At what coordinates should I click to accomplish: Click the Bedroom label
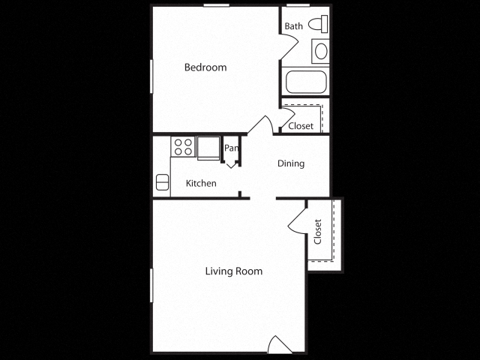pos(205,67)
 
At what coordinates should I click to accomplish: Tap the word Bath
pos(293,26)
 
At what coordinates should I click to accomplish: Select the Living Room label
pos(234,271)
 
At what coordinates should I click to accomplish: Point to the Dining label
pos(291,163)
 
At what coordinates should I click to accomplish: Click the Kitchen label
pos(201,183)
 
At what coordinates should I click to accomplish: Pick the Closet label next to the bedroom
pos(301,126)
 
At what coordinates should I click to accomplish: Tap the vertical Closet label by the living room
pos(318,232)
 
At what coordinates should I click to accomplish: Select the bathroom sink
pos(320,51)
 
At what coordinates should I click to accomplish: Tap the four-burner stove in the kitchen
pos(182,145)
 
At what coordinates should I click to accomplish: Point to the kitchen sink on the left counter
pos(162,182)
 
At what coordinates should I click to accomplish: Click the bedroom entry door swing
pos(262,124)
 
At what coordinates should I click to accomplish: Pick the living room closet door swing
pos(296,220)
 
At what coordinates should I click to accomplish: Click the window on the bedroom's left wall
pos(152,76)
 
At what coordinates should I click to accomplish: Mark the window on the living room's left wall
pos(152,286)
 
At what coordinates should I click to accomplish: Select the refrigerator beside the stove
pos(208,148)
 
